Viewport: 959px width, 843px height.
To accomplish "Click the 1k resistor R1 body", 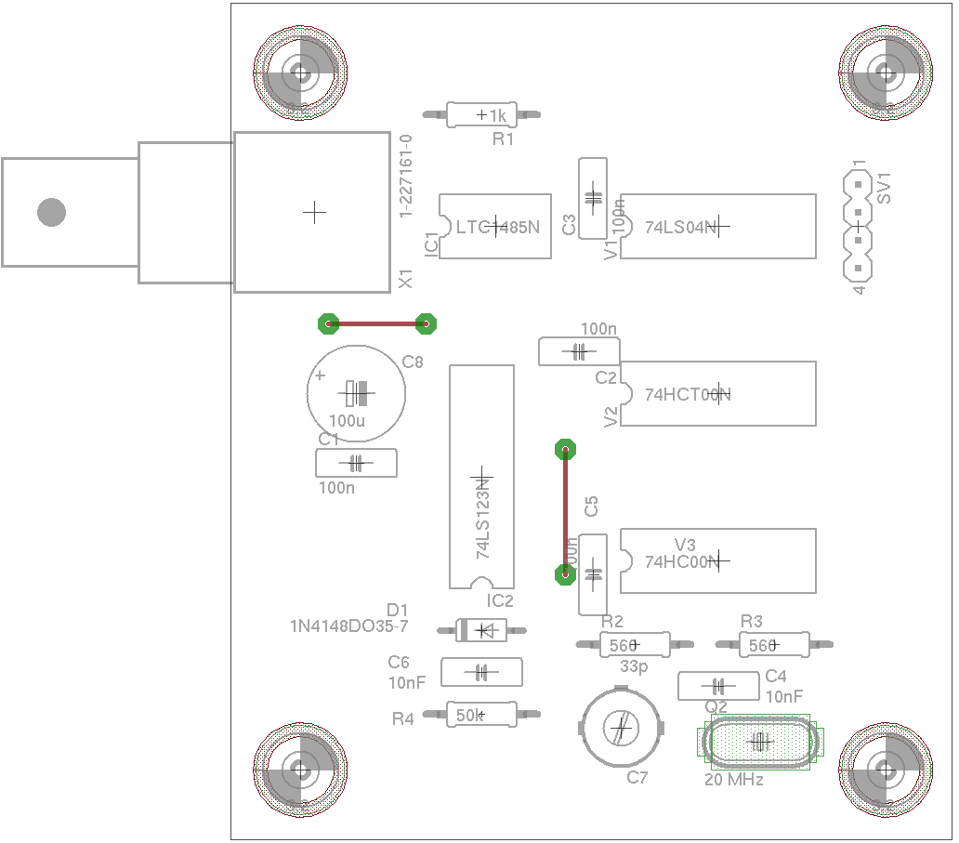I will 480,114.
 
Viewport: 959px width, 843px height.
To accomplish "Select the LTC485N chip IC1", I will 494,226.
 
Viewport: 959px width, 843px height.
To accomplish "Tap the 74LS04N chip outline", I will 717,226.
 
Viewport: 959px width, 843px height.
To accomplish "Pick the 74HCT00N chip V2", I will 717,393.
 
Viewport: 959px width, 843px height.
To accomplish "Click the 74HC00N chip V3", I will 717,560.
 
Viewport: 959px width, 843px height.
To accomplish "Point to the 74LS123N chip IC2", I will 481,476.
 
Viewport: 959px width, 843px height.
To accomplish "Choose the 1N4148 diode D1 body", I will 482,630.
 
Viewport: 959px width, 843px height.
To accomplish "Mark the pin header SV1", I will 859,226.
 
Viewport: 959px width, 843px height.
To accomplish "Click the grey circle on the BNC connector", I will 51,212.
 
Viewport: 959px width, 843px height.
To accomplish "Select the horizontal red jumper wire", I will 376,323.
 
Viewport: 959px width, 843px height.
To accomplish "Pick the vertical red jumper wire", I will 564,511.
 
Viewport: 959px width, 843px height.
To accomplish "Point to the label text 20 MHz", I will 734,780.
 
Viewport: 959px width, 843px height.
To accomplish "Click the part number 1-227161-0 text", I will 406,176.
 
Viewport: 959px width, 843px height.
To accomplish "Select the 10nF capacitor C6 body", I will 481,672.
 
